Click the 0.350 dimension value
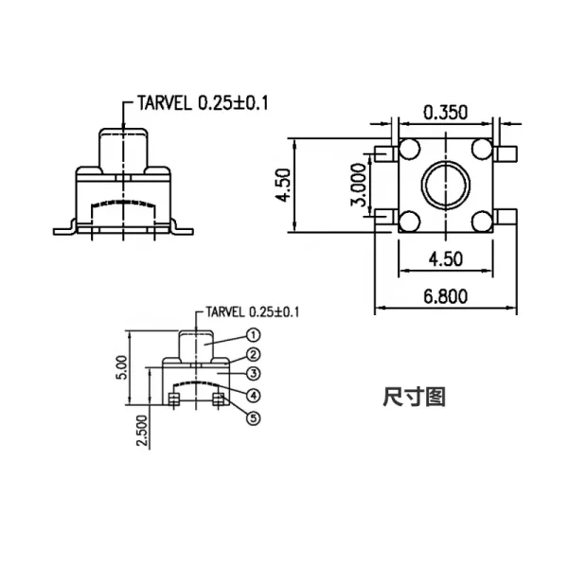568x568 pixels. coord(446,113)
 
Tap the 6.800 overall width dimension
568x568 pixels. coord(446,296)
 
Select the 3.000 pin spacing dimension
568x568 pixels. coord(359,185)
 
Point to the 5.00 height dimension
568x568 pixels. coord(122,367)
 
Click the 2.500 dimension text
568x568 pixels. coord(142,431)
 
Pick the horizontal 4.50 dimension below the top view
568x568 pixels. coord(446,259)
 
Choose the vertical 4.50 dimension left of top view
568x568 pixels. coord(283,186)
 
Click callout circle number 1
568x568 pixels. coord(253,335)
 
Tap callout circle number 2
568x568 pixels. coord(253,355)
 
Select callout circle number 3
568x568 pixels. coord(253,374)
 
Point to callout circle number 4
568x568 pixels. coord(253,395)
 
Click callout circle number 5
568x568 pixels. coord(253,418)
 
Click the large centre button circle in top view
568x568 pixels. coord(446,162)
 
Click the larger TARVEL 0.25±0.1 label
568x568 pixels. coord(203,103)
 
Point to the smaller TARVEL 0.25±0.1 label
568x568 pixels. coord(253,311)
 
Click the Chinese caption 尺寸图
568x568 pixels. coord(414,397)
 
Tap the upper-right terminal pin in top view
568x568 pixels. coord(506,153)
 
